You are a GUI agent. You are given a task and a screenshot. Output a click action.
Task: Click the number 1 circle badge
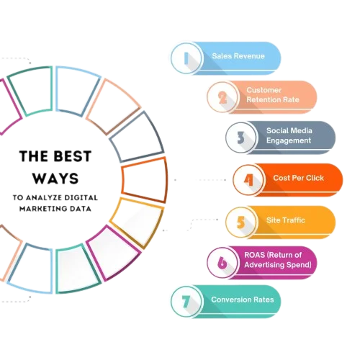(186, 58)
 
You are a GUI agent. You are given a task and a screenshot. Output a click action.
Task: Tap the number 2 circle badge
(222, 97)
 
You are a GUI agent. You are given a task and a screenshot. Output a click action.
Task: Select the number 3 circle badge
(240, 138)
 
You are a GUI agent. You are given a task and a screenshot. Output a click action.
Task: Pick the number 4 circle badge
(248, 180)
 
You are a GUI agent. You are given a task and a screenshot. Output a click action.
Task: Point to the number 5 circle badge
(240, 222)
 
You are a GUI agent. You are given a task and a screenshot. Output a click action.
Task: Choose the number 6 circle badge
(222, 263)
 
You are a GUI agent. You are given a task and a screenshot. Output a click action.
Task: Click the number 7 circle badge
(186, 302)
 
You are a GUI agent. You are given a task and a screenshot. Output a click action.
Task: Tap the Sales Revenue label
(238, 56)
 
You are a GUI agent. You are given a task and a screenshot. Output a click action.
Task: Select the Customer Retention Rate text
(273, 95)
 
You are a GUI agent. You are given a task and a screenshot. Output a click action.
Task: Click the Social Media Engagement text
(289, 135)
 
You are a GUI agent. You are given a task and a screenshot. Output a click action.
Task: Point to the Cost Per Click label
(299, 178)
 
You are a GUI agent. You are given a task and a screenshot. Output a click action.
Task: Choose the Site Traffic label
(286, 220)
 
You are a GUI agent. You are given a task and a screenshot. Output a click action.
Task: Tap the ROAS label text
(278, 260)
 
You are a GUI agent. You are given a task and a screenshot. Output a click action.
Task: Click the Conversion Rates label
(243, 300)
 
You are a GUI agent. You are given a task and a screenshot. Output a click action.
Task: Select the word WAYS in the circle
(55, 179)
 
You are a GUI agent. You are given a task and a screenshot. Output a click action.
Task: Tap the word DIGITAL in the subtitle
(81, 198)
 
